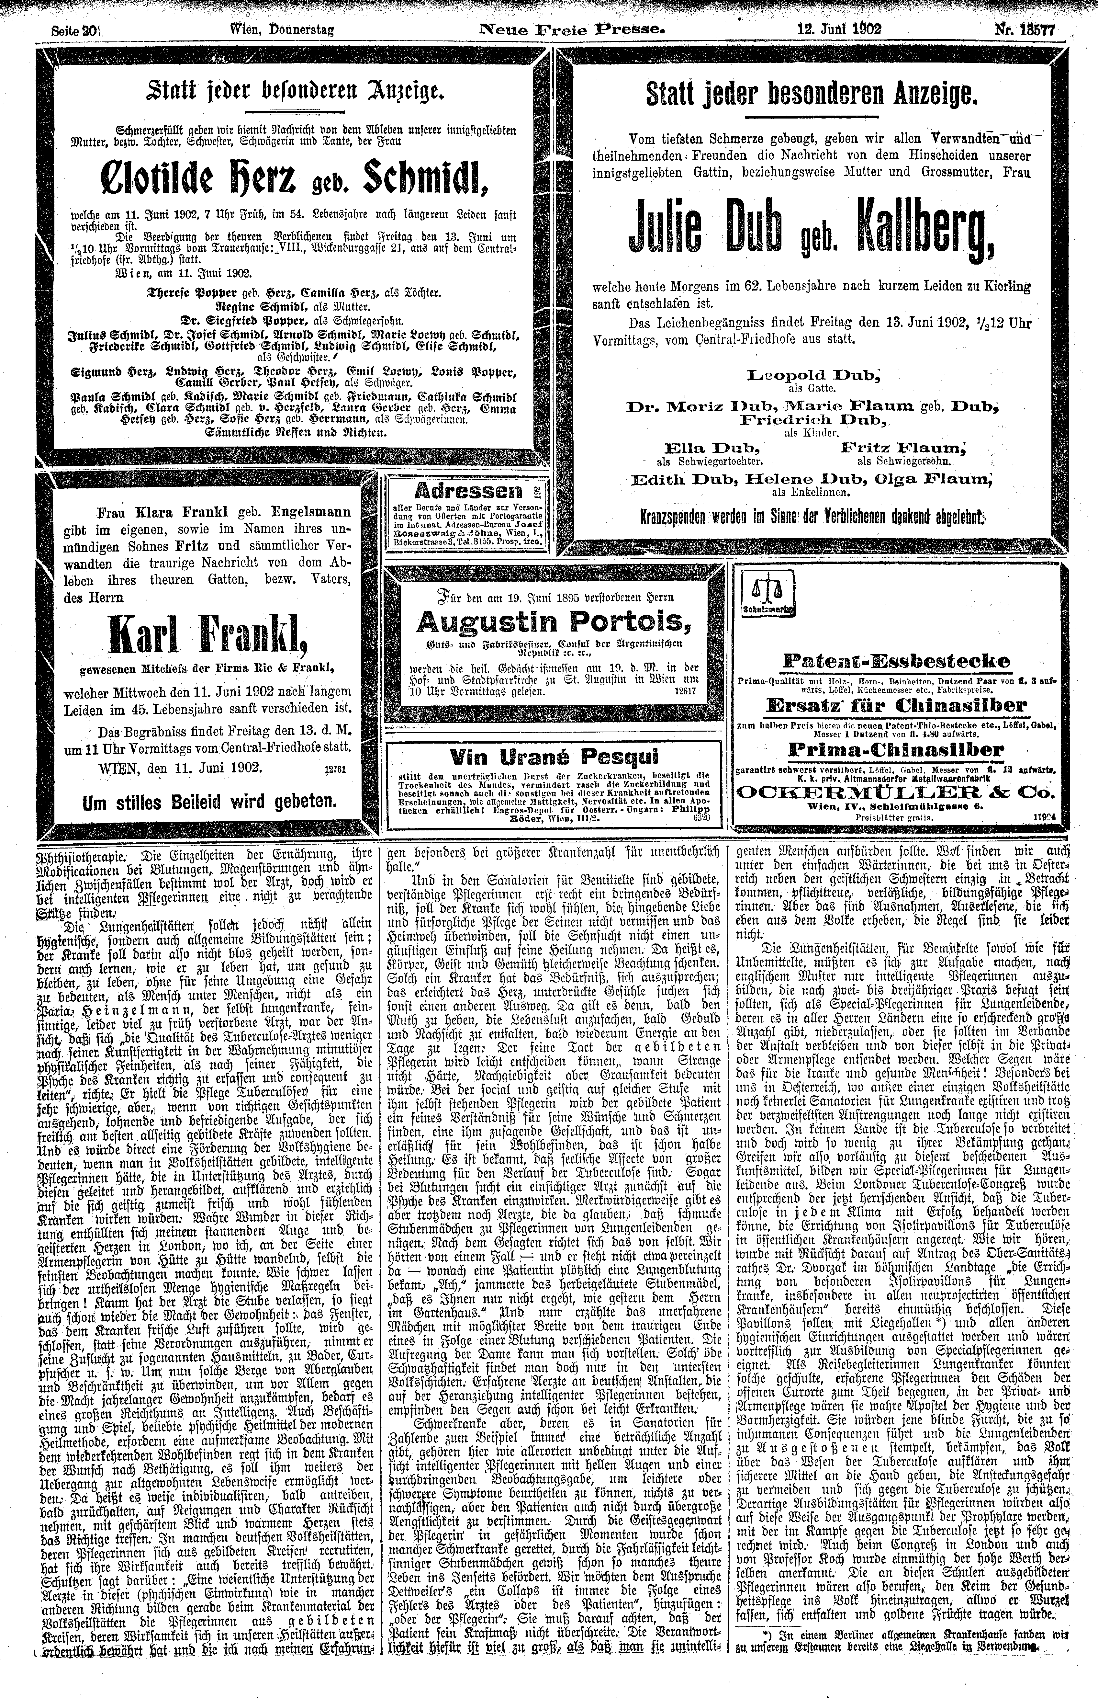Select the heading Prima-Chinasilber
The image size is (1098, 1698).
tap(895, 750)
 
